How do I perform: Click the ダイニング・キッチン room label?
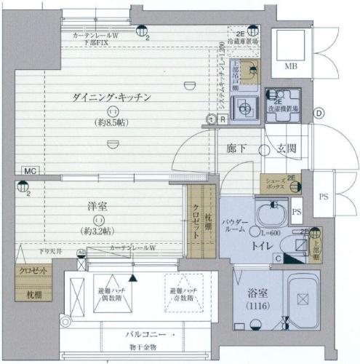[111, 97]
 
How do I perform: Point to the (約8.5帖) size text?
[111, 123]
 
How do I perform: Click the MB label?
[290, 68]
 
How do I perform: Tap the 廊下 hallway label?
[237, 149]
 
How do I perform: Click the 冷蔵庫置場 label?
[242, 42]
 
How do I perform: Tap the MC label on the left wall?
[29, 171]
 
